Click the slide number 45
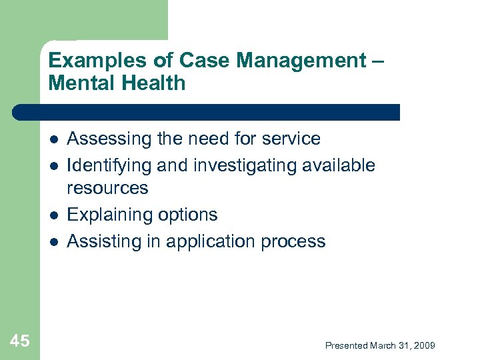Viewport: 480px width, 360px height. (x=20, y=342)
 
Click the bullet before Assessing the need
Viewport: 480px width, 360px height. (x=53, y=139)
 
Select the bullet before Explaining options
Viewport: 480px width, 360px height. (x=53, y=215)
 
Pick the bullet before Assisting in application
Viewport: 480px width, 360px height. (x=53, y=241)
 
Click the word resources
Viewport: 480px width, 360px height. (x=108, y=188)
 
